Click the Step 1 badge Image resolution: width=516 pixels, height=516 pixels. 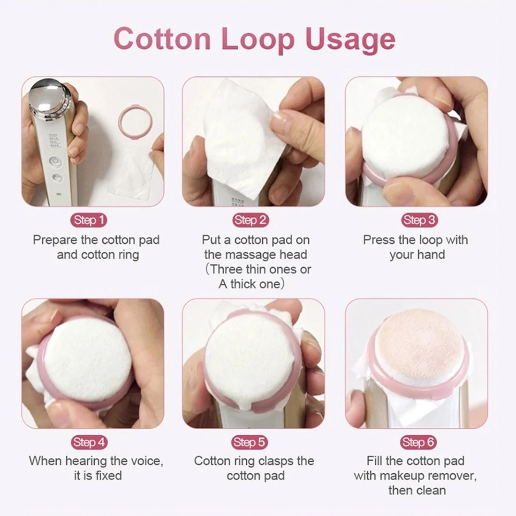(x=89, y=220)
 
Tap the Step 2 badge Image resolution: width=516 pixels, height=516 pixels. (x=250, y=220)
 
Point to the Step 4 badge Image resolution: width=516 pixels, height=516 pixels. (x=89, y=442)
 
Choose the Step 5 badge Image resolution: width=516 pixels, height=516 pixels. (x=250, y=442)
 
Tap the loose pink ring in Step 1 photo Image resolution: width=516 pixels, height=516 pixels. (x=135, y=120)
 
